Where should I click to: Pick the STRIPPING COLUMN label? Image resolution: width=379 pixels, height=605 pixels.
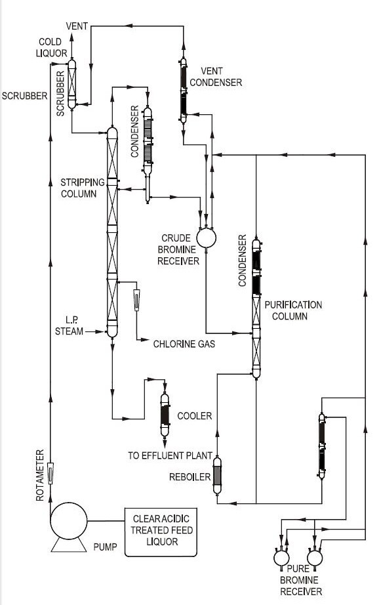pyautogui.click(x=79, y=187)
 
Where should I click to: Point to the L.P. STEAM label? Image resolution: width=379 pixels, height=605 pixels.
pyautogui.click(x=69, y=325)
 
